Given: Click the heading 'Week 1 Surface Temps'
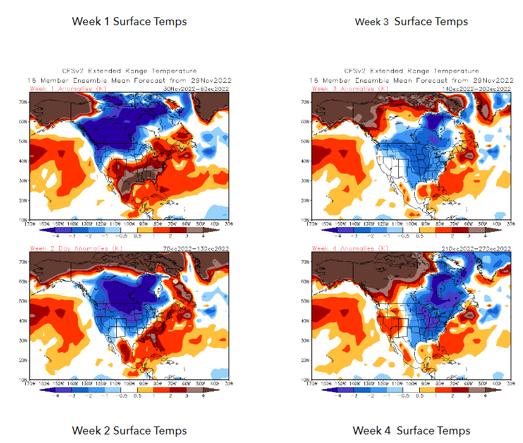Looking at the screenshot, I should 129,21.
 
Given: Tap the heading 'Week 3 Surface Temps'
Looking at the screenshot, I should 411,21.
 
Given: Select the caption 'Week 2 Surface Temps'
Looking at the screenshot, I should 129,431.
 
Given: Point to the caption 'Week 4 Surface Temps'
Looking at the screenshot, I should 411,431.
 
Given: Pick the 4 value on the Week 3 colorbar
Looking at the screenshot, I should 485,234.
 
